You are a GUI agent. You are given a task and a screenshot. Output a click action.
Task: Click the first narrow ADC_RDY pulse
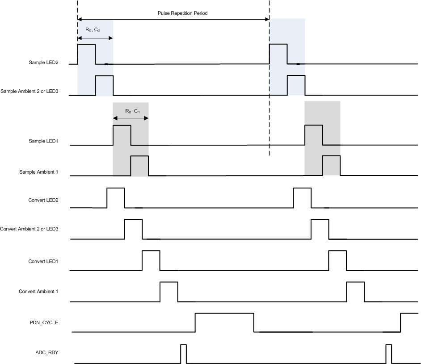(x=183, y=353)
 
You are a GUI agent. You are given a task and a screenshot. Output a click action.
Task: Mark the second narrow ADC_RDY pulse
(x=388, y=353)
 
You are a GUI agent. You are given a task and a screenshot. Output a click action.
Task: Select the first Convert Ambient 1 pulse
(x=168, y=292)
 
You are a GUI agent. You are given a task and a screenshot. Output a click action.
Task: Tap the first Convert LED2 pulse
(x=116, y=198)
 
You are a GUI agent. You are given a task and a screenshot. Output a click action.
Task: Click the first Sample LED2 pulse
(x=86, y=54)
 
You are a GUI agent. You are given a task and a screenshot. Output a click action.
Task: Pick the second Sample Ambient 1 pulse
(x=331, y=165)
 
